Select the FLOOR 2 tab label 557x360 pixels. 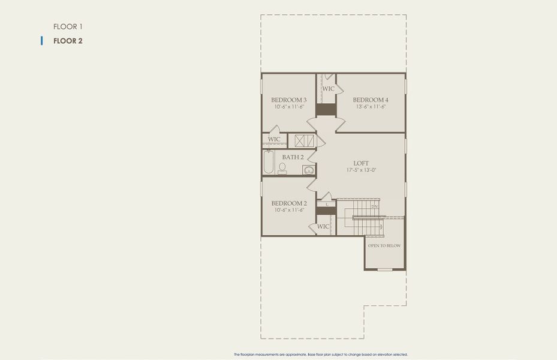67,41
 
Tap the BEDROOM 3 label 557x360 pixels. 289,100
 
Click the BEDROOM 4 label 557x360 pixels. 371,100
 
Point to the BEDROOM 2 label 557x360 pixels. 289,203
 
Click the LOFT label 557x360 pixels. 361,163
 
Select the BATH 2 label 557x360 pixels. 293,157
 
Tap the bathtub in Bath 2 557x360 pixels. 269,162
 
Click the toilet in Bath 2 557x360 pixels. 282,169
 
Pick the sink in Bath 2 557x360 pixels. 309,170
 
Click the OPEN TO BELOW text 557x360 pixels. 384,246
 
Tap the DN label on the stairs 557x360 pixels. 374,206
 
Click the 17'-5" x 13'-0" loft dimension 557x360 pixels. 361,170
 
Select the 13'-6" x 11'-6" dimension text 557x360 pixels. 371,107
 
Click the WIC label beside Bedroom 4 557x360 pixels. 329,89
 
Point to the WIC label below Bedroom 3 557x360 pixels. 274,139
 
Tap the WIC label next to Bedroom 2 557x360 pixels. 323,226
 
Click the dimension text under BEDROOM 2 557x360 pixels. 289,210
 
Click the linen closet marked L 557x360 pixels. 327,205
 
